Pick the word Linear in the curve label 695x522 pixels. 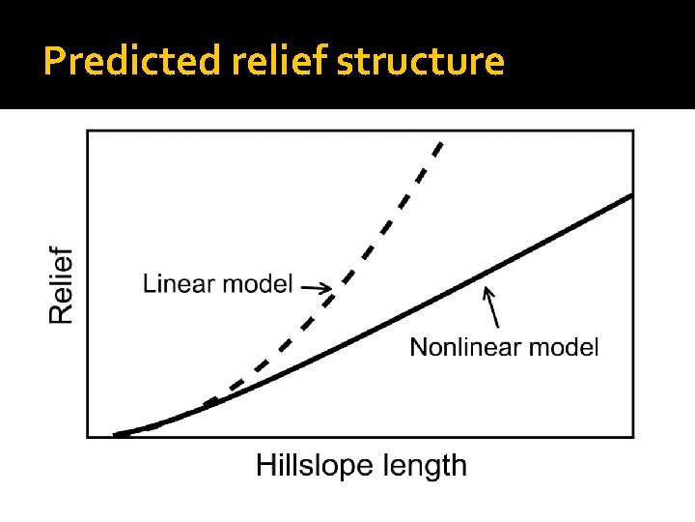180,283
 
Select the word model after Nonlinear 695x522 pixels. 567,346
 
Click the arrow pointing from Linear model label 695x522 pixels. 316,286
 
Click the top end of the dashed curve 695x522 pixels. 440,144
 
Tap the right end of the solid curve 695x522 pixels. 630,195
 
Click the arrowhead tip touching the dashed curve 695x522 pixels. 331,287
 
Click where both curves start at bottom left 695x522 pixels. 117,434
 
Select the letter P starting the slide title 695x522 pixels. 54,61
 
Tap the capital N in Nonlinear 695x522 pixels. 418,346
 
